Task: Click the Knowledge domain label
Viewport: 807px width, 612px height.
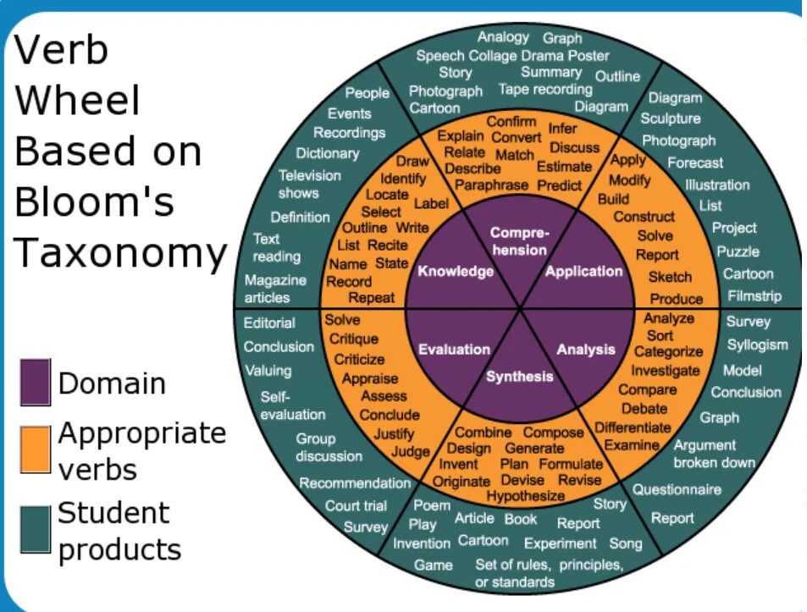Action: click(x=456, y=272)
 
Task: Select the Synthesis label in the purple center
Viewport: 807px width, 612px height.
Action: click(x=520, y=377)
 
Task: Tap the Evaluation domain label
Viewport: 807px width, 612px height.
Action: click(x=454, y=349)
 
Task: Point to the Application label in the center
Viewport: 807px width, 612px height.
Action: click(x=583, y=272)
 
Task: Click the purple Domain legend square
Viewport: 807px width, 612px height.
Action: click(x=36, y=383)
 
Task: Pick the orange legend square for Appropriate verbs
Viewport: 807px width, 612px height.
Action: click(x=36, y=449)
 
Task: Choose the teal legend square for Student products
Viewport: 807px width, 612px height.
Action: click(x=36, y=530)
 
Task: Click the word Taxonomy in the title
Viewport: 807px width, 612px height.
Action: click(x=121, y=252)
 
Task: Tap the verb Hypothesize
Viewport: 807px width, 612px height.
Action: click(x=525, y=496)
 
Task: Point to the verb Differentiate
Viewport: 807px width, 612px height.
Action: click(x=632, y=427)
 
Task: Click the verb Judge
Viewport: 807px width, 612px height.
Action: click(x=411, y=451)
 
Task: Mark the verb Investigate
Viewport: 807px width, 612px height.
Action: click(x=666, y=371)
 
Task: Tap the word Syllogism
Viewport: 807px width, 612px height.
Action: click(x=757, y=345)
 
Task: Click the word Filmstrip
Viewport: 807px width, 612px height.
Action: click(x=754, y=296)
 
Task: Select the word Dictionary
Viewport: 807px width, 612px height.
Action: click(x=327, y=153)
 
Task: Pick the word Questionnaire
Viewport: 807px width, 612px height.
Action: click(x=677, y=489)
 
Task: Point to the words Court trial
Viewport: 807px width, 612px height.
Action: click(x=356, y=506)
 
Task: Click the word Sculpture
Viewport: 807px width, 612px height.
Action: click(x=671, y=119)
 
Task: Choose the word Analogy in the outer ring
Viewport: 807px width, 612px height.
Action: click(x=503, y=37)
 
